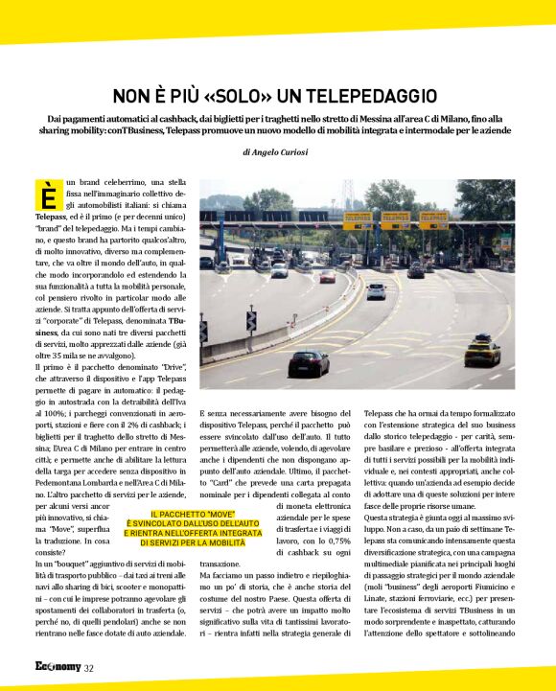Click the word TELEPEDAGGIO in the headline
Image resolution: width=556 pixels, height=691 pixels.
368,96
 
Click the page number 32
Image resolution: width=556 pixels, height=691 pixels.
88,668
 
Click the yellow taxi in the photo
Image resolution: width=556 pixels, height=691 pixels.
482,351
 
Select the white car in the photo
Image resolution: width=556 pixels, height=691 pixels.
376,290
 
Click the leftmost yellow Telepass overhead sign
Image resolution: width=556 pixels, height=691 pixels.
357,219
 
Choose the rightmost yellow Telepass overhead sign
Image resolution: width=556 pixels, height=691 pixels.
433,219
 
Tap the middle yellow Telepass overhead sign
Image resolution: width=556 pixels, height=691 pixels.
395,219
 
